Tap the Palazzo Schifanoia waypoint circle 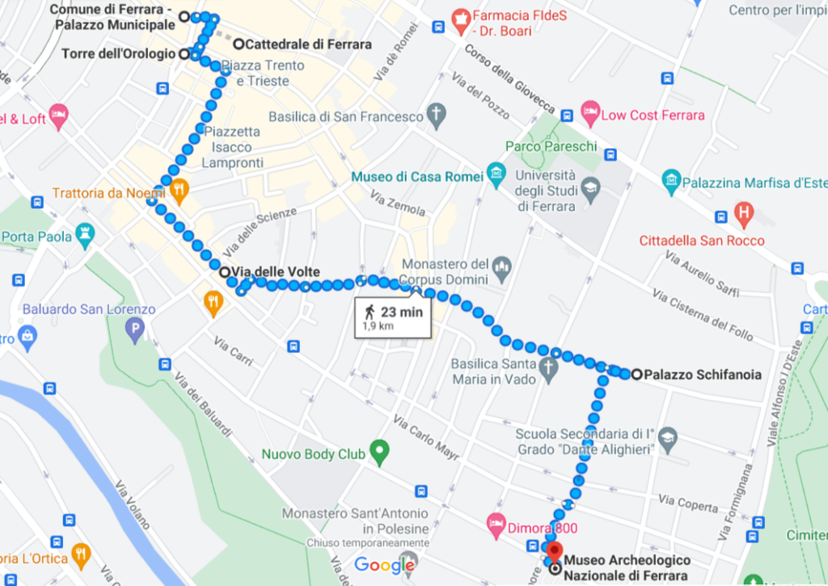coord(636,374)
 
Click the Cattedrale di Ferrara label coord(307,45)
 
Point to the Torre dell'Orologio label coord(118,54)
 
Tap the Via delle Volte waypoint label coord(276,272)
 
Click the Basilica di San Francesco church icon coord(437,116)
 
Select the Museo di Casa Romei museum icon coord(496,176)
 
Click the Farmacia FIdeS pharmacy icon coord(460,17)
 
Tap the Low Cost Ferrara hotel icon coord(590,115)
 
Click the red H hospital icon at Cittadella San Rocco coord(742,215)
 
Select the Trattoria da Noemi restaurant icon coord(179,191)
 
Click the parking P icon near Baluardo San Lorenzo coord(135,329)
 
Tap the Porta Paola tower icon coord(84,236)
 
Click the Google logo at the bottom coord(385,565)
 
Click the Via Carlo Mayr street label coord(426,434)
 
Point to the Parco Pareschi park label coord(551,146)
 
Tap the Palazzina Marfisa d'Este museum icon coord(670,182)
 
